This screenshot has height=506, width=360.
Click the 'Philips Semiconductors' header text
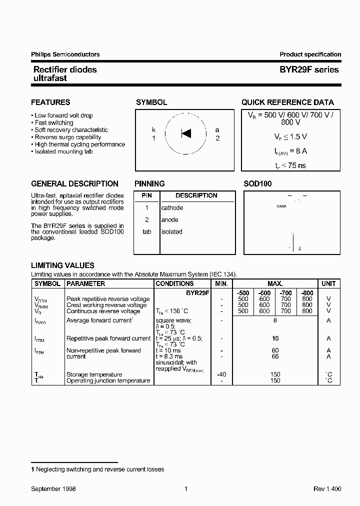point(65,54)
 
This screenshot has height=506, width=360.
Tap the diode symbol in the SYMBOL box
point(186,133)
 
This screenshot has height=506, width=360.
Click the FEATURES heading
point(50,102)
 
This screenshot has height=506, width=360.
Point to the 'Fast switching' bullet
point(53,122)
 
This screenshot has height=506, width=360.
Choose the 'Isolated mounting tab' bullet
point(64,151)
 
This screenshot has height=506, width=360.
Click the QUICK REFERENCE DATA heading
point(287,102)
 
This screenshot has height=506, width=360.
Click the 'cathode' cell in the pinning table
point(172,207)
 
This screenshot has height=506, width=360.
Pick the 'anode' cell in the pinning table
point(169,219)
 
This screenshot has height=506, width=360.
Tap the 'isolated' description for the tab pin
point(171,231)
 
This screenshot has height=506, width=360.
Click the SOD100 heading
point(257,184)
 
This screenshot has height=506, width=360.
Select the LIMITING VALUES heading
point(62,265)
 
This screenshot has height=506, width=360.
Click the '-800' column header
point(307,292)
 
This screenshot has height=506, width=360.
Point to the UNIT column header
point(328,283)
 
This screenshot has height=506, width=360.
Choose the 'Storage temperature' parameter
point(94,374)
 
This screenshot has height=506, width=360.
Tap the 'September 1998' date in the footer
point(53,489)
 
